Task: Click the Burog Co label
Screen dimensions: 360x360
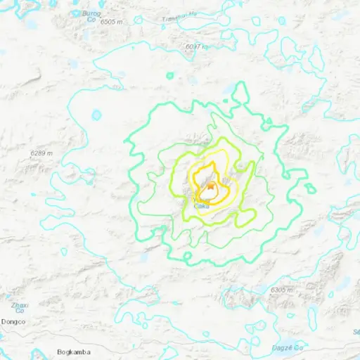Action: (x=89, y=16)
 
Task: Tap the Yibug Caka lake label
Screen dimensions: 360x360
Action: (x=201, y=203)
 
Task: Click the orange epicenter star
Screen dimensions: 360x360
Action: (x=210, y=186)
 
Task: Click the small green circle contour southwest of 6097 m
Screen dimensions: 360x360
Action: (x=169, y=75)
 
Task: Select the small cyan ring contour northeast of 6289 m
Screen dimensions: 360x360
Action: (x=97, y=115)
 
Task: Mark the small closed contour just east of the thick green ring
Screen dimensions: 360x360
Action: (x=310, y=188)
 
